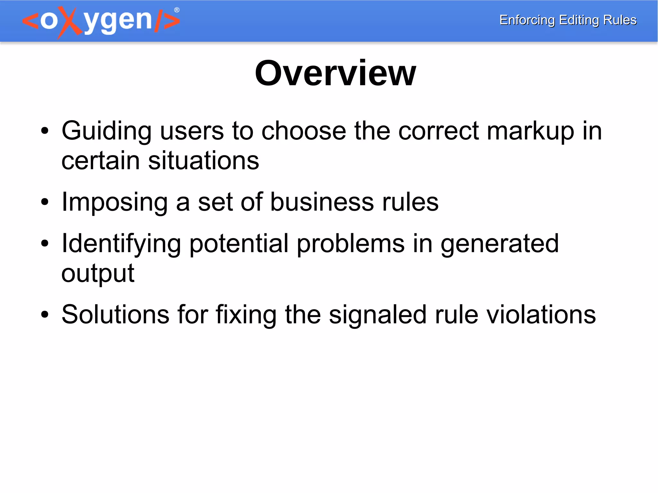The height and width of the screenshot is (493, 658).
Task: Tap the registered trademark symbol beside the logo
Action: click(x=177, y=10)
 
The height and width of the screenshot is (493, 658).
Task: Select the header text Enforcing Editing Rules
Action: click(x=568, y=20)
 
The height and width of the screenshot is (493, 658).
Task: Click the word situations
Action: click(x=203, y=161)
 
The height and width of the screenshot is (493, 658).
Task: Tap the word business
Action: click(x=322, y=202)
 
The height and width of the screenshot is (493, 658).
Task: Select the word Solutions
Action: click(x=115, y=314)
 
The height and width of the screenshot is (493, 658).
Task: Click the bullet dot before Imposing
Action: click(x=45, y=202)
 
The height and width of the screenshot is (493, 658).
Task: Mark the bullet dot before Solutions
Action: click(x=45, y=315)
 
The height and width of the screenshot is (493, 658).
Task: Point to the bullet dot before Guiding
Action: click(x=45, y=131)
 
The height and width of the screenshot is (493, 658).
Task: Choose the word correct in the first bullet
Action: click(x=439, y=131)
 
